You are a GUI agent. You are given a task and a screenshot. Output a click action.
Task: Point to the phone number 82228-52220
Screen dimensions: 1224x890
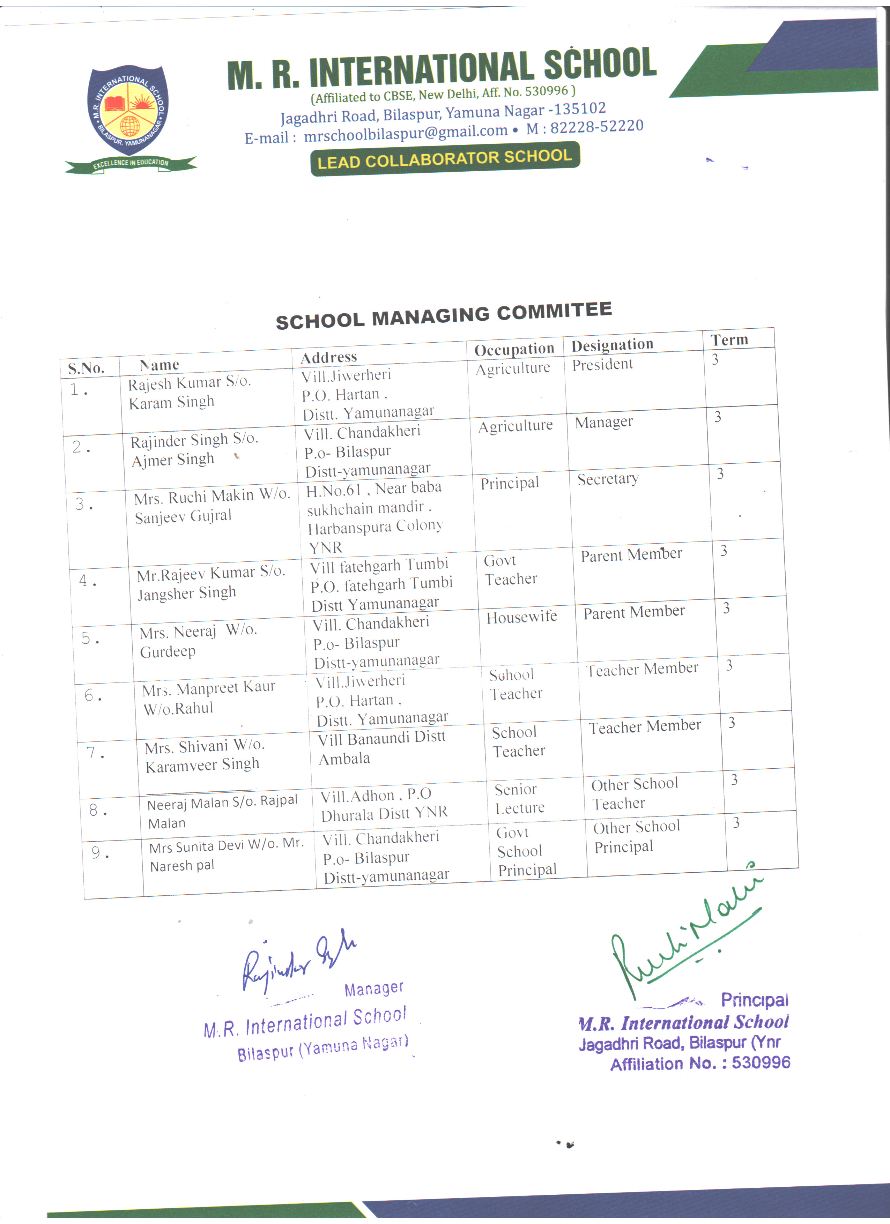[x=596, y=127]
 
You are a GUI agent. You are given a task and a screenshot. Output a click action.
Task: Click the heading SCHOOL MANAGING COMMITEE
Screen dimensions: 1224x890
[x=444, y=316]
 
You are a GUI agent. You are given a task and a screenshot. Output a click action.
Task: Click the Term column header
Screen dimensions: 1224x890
[x=729, y=340]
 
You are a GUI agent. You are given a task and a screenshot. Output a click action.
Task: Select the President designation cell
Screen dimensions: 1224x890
[x=602, y=365]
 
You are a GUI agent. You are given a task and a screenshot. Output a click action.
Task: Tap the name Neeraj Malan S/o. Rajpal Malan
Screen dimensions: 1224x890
[x=221, y=812]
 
